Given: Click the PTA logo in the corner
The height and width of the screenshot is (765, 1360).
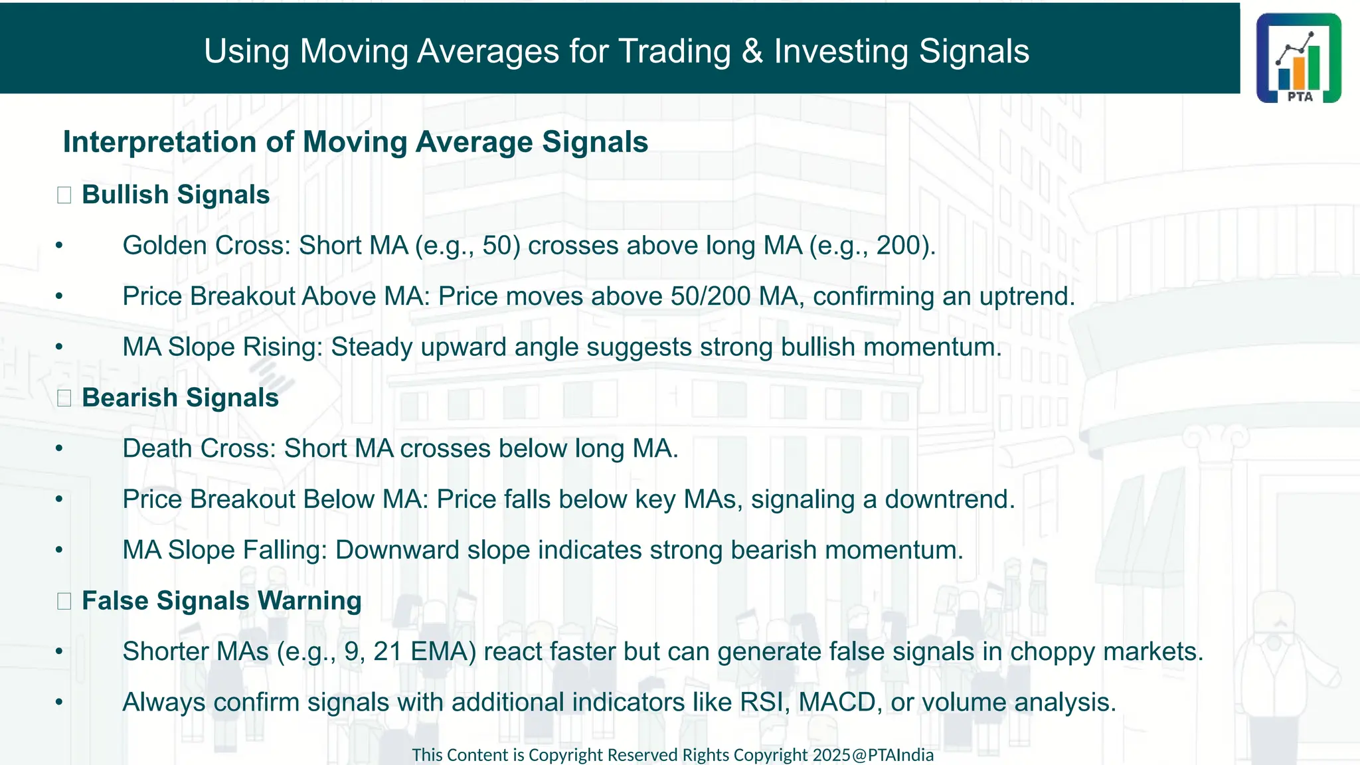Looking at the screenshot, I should [1298, 58].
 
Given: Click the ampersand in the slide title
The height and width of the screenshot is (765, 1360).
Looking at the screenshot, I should [752, 51].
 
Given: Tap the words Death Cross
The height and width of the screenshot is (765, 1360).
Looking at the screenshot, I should [199, 449].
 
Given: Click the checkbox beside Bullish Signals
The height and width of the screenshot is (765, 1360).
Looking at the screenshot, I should [64, 195].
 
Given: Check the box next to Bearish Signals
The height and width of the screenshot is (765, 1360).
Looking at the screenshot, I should [64, 398].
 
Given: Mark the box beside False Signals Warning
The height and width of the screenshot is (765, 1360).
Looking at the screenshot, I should [64, 602].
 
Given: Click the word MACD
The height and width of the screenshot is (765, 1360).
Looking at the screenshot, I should [837, 703].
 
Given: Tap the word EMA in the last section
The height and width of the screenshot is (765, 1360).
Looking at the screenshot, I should [444, 651].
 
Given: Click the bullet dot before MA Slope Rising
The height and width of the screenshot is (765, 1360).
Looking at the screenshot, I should [59, 347].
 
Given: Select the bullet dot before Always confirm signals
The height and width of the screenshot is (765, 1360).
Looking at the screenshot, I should [59, 703].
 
